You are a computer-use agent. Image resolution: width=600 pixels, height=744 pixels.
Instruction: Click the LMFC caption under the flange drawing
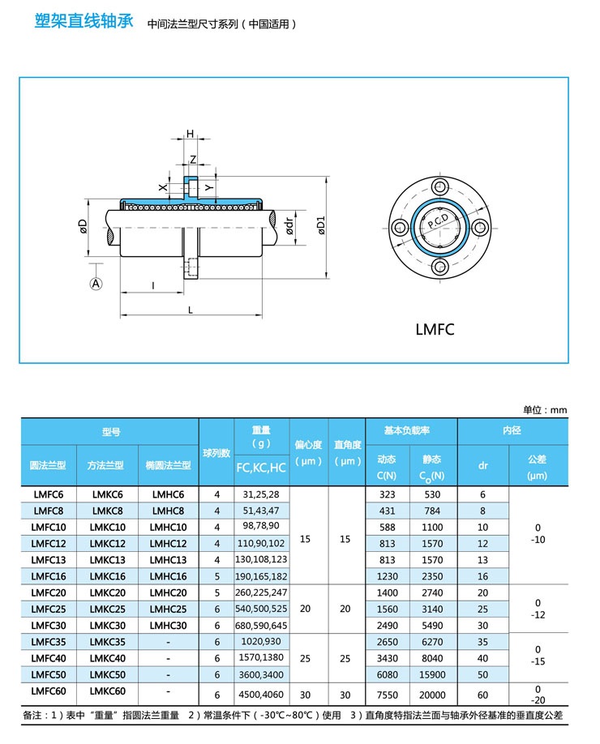[435, 329]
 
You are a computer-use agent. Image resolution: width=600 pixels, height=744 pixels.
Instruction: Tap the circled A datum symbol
[96, 284]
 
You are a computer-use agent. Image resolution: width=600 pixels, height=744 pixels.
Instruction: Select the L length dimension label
[190, 310]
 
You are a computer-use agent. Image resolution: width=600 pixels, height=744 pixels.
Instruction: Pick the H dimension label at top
[191, 134]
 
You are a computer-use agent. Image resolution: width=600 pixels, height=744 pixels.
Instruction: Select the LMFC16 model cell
[48, 576]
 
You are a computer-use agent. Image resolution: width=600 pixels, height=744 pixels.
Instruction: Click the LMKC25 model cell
[107, 609]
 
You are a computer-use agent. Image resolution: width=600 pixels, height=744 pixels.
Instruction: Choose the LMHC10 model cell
[168, 527]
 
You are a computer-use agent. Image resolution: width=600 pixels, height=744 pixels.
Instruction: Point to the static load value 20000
[432, 695]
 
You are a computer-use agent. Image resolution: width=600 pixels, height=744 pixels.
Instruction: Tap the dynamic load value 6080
[387, 673]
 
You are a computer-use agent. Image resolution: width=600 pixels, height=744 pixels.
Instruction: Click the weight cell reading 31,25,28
[261, 494]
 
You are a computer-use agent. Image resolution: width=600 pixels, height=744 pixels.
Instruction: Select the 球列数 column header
[216, 452]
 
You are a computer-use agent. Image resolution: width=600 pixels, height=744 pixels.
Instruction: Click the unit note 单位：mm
[545, 409]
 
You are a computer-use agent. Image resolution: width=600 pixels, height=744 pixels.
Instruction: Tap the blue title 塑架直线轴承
[84, 21]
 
